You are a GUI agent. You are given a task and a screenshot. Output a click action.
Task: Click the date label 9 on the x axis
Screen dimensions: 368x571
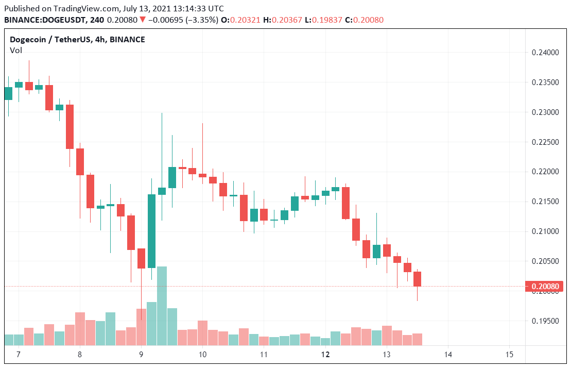(141, 355)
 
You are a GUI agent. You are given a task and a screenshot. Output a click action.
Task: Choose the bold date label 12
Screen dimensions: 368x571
(325, 355)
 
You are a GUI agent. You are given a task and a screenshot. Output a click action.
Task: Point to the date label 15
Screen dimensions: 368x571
(509, 355)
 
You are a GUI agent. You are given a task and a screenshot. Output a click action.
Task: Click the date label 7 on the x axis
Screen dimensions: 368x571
(19, 355)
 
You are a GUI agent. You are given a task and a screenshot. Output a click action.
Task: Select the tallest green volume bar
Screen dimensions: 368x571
(162, 306)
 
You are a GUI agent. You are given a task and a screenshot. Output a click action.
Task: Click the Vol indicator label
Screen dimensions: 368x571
(16, 50)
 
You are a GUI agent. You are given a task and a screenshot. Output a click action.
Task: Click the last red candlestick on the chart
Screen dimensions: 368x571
(417, 279)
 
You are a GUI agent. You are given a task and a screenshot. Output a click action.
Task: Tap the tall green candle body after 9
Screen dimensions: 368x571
(151, 231)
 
